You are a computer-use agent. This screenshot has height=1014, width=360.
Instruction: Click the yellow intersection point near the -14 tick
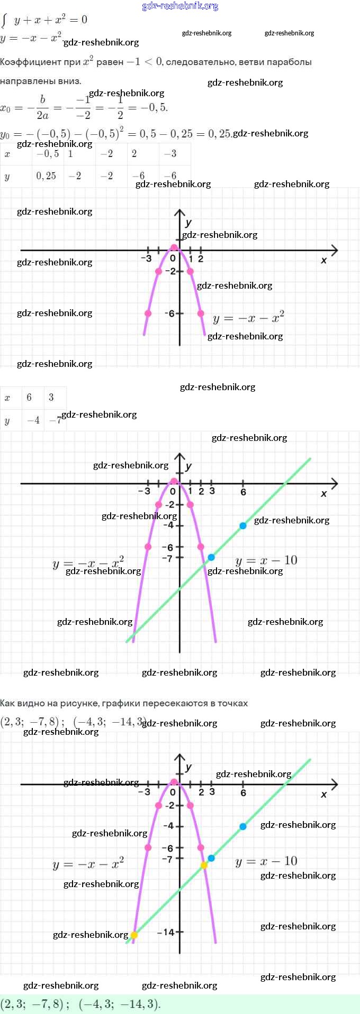(134, 935)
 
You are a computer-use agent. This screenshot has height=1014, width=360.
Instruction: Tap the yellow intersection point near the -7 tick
(204, 865)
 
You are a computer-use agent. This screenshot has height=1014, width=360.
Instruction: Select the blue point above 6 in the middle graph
(243, 526)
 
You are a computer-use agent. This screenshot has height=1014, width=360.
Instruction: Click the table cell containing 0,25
(46, 176)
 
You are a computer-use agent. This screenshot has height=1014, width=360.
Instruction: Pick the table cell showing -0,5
(48, 154)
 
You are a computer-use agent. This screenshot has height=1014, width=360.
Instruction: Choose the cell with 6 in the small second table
(29, 398)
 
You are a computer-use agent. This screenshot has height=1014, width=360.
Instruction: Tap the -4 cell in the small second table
(33, 420)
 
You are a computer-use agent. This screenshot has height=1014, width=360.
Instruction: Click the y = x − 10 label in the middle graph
(266, 560)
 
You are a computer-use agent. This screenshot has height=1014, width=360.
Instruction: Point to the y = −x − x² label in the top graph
(248, 318)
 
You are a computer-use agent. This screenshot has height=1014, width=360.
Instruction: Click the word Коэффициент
(31, 62)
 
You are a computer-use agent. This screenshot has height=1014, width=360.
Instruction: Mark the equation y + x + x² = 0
(51, 20)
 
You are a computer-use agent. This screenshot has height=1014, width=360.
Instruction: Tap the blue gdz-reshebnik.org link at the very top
(180, 6)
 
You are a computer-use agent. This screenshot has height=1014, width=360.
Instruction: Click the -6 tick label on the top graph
(169, 314)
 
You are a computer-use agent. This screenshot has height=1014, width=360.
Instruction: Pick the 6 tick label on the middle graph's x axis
(243, 492)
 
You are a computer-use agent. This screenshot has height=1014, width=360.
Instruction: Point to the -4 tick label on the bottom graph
(168, 826)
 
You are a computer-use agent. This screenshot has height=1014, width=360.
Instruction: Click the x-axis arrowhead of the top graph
(334, 250)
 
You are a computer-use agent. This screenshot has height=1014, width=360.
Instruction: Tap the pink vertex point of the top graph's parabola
(174, 247)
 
